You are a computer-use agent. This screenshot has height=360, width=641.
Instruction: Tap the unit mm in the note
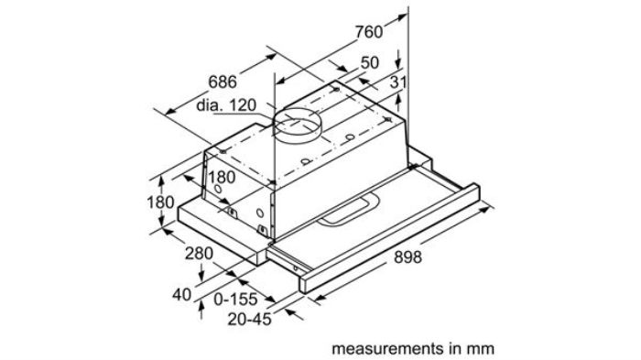[x=482, y=349]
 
